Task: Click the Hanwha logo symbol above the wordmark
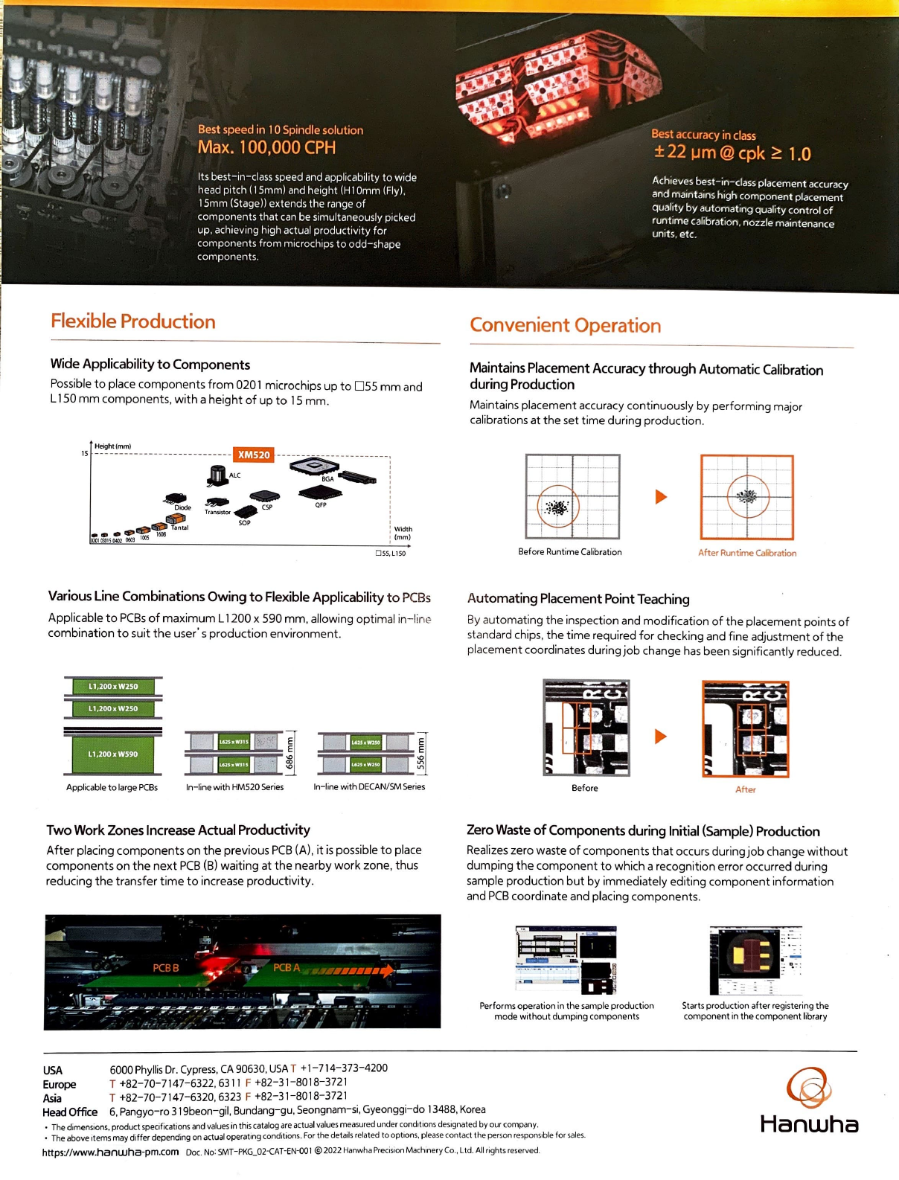808,1087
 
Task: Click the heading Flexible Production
133,321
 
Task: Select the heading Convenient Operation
565,325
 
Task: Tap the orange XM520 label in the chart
254,455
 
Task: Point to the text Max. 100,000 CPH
266,147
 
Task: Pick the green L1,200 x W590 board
113,754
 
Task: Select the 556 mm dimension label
420,753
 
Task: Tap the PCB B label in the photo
166,968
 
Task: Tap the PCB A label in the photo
286,967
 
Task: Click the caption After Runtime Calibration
746,553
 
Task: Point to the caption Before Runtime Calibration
569,552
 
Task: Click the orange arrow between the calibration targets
661,496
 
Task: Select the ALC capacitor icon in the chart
217,474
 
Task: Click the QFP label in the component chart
321,505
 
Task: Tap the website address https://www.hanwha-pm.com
110,1152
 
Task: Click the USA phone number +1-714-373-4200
343,1068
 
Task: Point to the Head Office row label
70,1112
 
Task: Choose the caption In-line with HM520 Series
234,787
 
